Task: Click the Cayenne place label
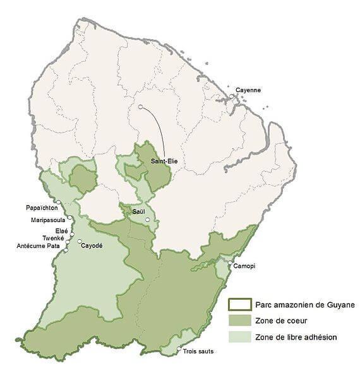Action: pyautogui.click(x=248, y=90)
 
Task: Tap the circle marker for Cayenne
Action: pyautogui.click(x=232, y=97)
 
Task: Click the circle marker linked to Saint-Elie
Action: pyautogui.click(x=141, y=107)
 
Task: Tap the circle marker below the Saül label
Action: pyautogui.click(x=147, y=220)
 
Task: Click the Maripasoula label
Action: pyautogui.click(x=48, y=220)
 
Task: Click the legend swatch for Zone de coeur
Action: pyautogui.click(x=239, y=320)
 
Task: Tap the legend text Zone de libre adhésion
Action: pyautogui.click(x=296, y=337)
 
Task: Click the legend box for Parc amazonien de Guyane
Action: pyautogui.click(x=239, y=304)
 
